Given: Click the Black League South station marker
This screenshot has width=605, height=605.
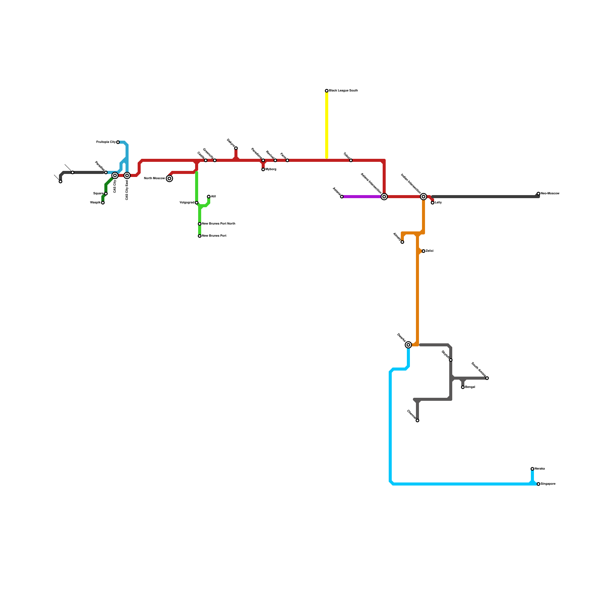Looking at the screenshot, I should click(327, 91).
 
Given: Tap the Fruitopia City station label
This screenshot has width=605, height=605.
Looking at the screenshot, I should click(106, 142).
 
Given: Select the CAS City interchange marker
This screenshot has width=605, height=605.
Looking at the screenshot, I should click(115, 175).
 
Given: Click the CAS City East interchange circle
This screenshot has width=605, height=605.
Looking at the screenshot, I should click(127, 175).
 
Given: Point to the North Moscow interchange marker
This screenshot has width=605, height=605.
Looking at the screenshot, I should click(169, 178).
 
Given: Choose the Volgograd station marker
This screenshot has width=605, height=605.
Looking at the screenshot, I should click(197, 203).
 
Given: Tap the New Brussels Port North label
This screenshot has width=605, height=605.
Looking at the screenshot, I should click(219, 224).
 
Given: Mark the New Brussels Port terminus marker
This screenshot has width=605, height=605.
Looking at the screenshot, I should click(200, 236).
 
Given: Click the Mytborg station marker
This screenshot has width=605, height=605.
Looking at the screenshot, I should click(263, 169).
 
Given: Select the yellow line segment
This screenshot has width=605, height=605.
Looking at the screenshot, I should click(327, 125).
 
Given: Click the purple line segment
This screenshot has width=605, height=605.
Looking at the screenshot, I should click(361, 197).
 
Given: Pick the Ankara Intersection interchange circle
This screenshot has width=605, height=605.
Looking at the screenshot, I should click(384, 197).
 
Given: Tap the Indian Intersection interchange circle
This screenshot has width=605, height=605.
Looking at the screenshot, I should click(423, 197).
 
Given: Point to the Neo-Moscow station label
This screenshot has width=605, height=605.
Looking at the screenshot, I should click(550, 194).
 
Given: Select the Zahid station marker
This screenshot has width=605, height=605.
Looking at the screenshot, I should click(423, 251).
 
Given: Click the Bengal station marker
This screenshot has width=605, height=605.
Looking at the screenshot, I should click(463, 387).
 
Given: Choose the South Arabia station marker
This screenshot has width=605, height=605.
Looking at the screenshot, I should click(487, 378).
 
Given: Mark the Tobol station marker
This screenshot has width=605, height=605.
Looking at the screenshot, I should click(351, 160).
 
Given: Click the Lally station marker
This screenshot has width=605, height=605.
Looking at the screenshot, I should click(433, 203).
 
